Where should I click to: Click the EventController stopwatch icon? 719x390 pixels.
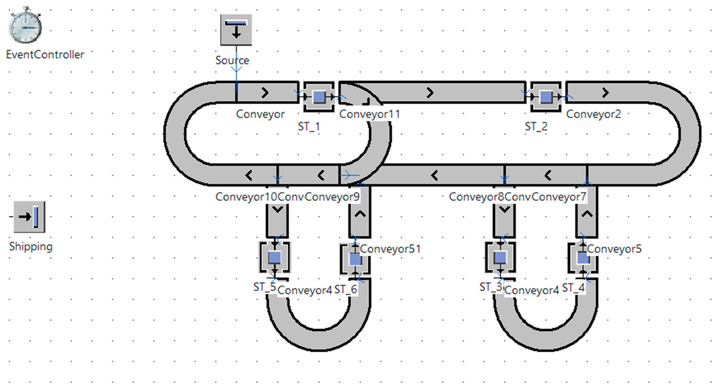click(25, 26)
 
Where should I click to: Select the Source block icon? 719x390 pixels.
click(236, 30)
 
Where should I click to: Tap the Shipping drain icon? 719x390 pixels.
click(29, 217)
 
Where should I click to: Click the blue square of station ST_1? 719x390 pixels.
click(319, 97)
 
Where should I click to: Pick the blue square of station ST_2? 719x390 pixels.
click(546, 97)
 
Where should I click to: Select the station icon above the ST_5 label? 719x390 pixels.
click(275, 257)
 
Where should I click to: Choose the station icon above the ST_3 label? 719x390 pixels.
click(500, 257)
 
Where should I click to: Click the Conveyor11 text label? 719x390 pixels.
click(369, 114)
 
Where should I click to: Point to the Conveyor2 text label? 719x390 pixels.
click(593, 114)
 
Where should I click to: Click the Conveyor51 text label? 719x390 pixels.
click(390, 249)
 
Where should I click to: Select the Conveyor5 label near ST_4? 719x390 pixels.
click(614, 249)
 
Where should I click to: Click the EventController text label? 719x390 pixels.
click(45, 55)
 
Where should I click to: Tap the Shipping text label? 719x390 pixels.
click(31, 246)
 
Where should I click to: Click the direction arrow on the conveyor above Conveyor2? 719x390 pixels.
click(605, 93)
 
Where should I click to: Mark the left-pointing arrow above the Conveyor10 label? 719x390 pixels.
click(249, 176)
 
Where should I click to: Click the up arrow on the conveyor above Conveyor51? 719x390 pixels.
click(360, 214)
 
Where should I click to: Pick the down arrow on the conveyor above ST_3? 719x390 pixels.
click(504, 209)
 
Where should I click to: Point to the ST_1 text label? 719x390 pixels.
click(309, 127)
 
